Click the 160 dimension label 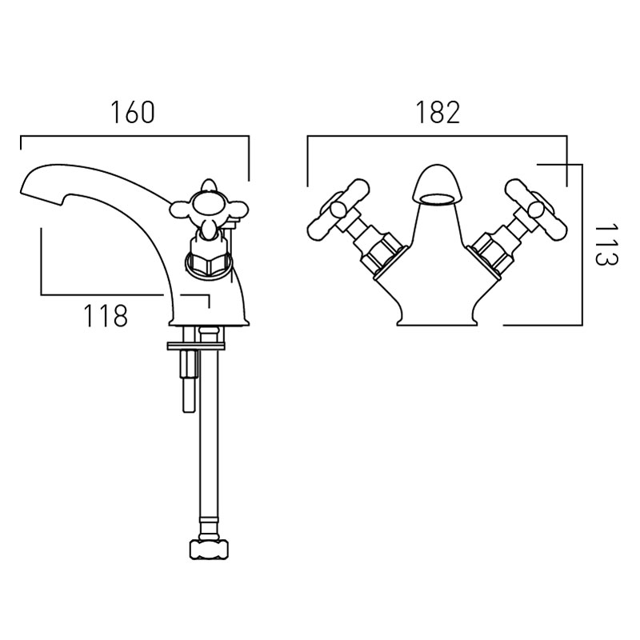pyautogui.click(x=133, y=112)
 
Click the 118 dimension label pyautogui.click(x=106, y=315)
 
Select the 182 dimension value pyautogui.click(x=438, y=112)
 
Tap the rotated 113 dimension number pyautogui.click(x=606, y=245)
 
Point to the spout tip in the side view pyautogui.click(x=25, y=188)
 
